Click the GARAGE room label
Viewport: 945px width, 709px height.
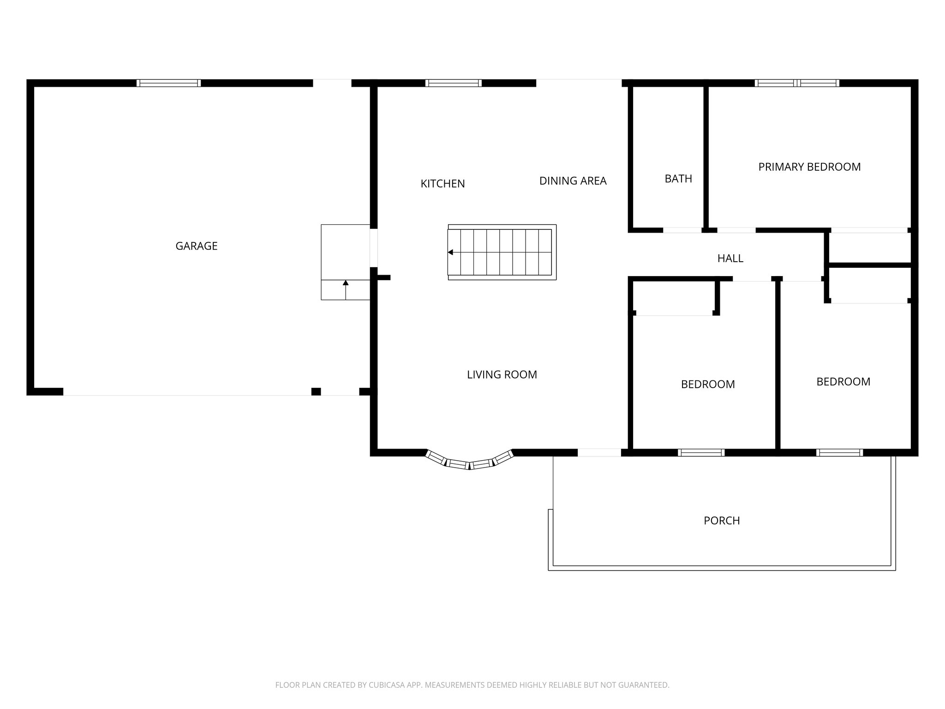click(x=196, y=246)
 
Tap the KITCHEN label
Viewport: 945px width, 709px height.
click(x=443, y=184)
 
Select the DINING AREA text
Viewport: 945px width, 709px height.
click(x=573, y=181)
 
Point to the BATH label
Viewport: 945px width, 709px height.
click(x=678, y=179)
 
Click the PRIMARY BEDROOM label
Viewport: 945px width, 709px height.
click(x=809, y=167)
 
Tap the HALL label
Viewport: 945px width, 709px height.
click(x=730, y=258)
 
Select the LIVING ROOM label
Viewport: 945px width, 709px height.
click(x=502, y=375)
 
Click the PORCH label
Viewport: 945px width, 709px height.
click(x=721, y=521)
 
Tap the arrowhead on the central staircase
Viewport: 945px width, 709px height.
click(x=450, y=252)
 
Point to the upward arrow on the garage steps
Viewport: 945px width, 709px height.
click(x=346, y=283)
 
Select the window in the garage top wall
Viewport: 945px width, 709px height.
click(x=168, y=83)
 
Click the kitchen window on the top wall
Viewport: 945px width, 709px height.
click(x=453, y=83)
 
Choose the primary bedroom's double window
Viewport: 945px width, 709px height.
click(x=797, y=83)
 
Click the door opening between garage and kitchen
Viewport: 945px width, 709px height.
click(x=374, y=248)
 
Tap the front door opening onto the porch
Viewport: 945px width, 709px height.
click(x=599, y=453)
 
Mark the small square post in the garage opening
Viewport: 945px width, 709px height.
click(x=316, y=392)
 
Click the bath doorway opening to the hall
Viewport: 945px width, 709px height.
click(x=682, y=230)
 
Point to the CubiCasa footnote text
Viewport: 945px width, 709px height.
click(x=472, y=685)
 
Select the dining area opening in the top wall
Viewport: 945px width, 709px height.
click(x=579, y=83)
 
